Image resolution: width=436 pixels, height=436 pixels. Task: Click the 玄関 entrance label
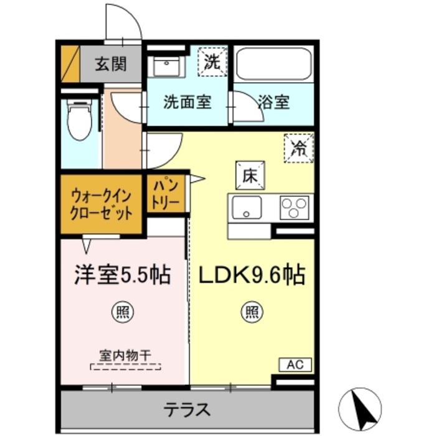[x=111, y=64]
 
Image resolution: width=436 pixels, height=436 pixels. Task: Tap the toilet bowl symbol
[x=78, y=121]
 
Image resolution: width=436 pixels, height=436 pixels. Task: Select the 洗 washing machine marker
[x=212, y=62]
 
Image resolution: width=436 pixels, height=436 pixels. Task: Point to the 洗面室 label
[x=187, y=102]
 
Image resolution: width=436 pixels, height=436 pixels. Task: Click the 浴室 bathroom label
[x=273, y=102]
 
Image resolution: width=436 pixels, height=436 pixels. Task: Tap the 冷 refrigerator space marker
[x=299, y=148]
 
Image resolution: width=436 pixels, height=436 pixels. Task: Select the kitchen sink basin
[x=247, y=208]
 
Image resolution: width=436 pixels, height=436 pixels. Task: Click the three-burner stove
[x=295, y=207]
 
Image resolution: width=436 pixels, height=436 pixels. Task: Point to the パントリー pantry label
[x=165, y=194]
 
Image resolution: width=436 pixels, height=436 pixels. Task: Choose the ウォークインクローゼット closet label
[x=102, y=204]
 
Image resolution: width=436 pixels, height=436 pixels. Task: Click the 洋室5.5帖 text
[x=123, y=275]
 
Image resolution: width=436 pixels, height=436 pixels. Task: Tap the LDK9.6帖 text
[x=251, y=275]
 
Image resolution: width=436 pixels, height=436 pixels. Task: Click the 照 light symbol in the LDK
[x=251, y=311]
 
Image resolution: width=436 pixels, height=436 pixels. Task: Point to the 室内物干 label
[x=125, y=356]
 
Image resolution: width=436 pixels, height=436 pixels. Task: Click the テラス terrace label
[x=187, y=410]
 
